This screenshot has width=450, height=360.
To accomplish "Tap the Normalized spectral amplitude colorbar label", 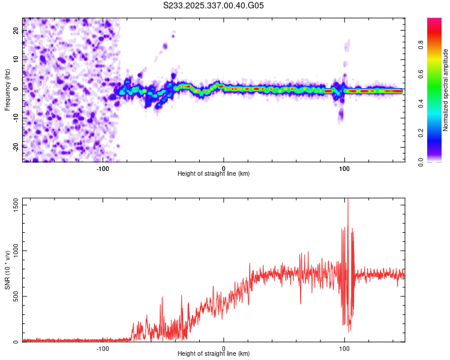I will [x=446, y=90].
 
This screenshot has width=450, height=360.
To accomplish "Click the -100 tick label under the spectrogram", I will [x=102, y=168].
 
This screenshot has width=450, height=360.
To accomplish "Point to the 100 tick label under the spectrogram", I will [x=344, y=168].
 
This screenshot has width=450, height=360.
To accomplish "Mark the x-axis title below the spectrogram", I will [x=214, y=174].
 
